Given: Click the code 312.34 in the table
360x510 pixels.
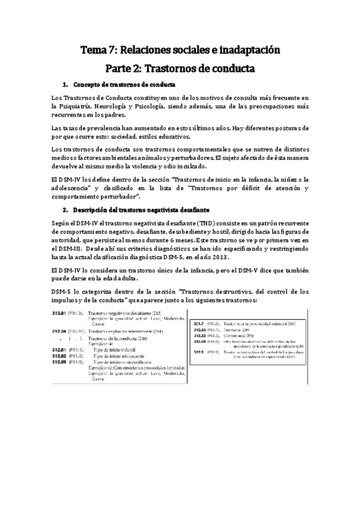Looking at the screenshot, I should click(58, 331).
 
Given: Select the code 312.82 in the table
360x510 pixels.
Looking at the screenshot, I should click(58, 355).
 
